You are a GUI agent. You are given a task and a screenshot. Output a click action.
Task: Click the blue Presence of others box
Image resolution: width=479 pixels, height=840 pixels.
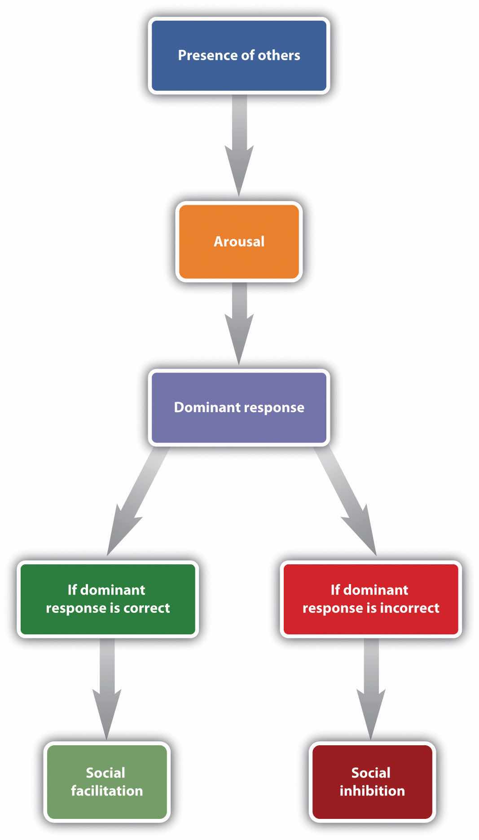click(x=239, y=56)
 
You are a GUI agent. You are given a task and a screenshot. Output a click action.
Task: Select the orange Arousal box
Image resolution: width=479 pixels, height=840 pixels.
click(x=239, y=242)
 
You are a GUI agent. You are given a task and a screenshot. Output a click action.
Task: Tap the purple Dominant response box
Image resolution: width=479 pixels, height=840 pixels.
click(x=239, y=407)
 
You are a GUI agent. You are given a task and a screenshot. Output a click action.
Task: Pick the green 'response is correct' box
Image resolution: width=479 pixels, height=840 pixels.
click(x=108, y=599)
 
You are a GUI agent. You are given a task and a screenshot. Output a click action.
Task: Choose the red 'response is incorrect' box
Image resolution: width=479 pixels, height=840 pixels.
click(x=371, y=599)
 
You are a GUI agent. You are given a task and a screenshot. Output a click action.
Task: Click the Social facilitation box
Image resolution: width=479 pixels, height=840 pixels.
click(x=107, y=782)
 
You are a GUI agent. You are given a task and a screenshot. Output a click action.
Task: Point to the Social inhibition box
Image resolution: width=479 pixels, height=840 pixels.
click(x=372, y=782)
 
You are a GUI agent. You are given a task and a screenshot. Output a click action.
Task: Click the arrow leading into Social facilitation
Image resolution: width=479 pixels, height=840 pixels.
click(x=107, y=687)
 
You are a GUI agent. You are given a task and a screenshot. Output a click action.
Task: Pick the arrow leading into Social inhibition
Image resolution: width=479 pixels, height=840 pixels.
click(x=371, y=687)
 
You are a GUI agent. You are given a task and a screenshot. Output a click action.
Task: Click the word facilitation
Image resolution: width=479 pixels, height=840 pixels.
click(x=107, y=791)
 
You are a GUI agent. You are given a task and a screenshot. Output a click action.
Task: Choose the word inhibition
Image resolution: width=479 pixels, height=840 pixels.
click(x=372, y=791)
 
